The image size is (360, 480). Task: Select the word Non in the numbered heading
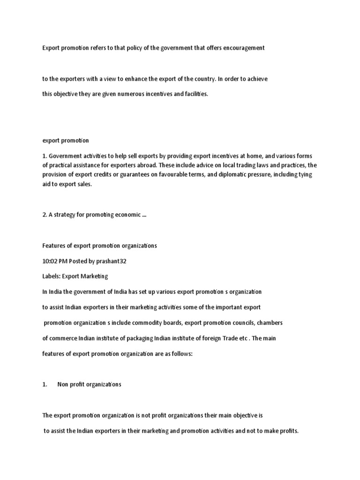click(x=63, y=384)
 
